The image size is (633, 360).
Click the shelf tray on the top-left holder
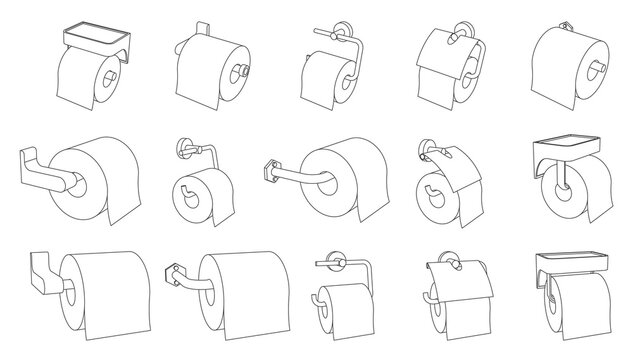coord(96,37)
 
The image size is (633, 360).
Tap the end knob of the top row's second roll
coord(243,71)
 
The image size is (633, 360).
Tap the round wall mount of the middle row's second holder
coord(187,153)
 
